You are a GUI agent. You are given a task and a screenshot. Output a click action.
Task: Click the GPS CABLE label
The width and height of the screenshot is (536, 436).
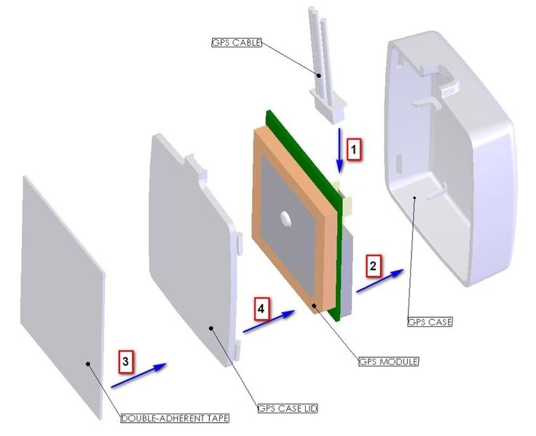[234, 43]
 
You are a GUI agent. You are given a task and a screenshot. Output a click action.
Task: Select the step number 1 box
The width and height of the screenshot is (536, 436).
[353, 149]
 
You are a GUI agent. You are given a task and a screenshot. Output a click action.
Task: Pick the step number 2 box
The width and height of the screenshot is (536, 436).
[373, 266]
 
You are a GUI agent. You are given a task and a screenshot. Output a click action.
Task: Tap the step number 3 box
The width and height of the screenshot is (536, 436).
[126, 361]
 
